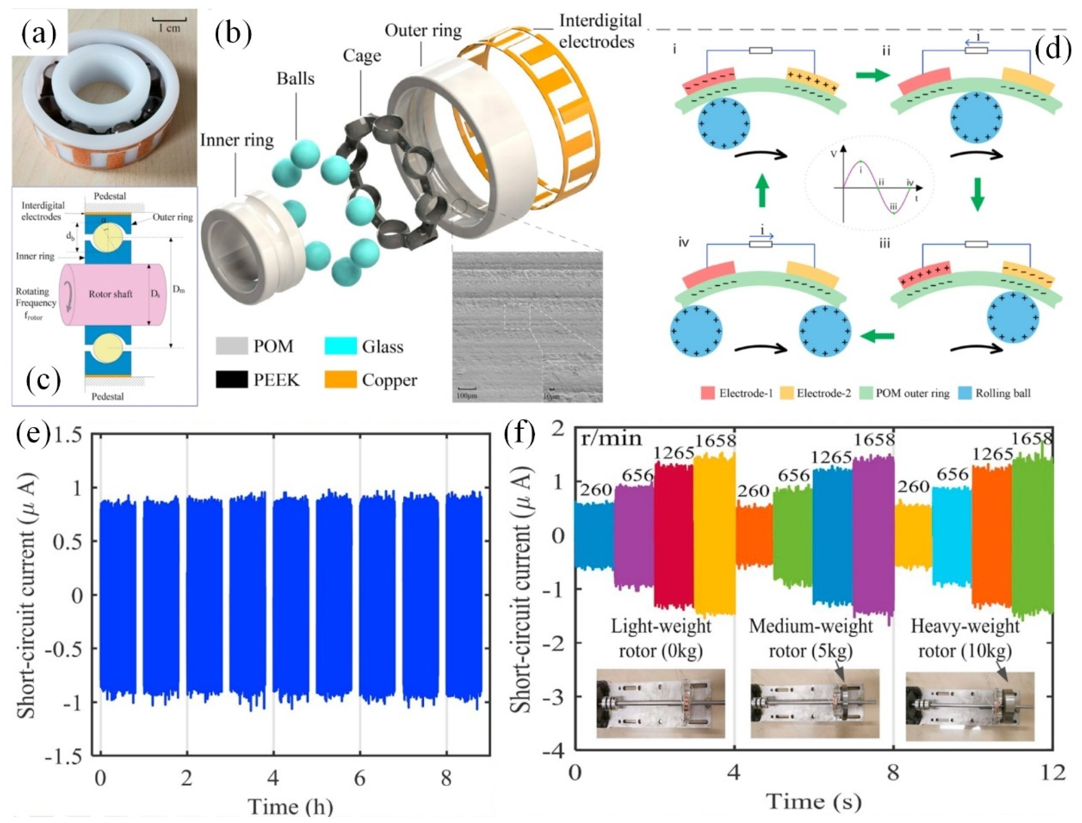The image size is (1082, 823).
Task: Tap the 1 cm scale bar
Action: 169,21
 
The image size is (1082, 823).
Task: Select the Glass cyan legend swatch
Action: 341,346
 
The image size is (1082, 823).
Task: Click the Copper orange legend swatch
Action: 341,380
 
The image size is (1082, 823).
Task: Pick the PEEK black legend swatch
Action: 232,380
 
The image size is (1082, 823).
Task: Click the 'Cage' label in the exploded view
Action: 362,56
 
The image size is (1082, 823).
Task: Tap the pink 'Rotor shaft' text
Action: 111,294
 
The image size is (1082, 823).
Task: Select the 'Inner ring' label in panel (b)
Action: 237,140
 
